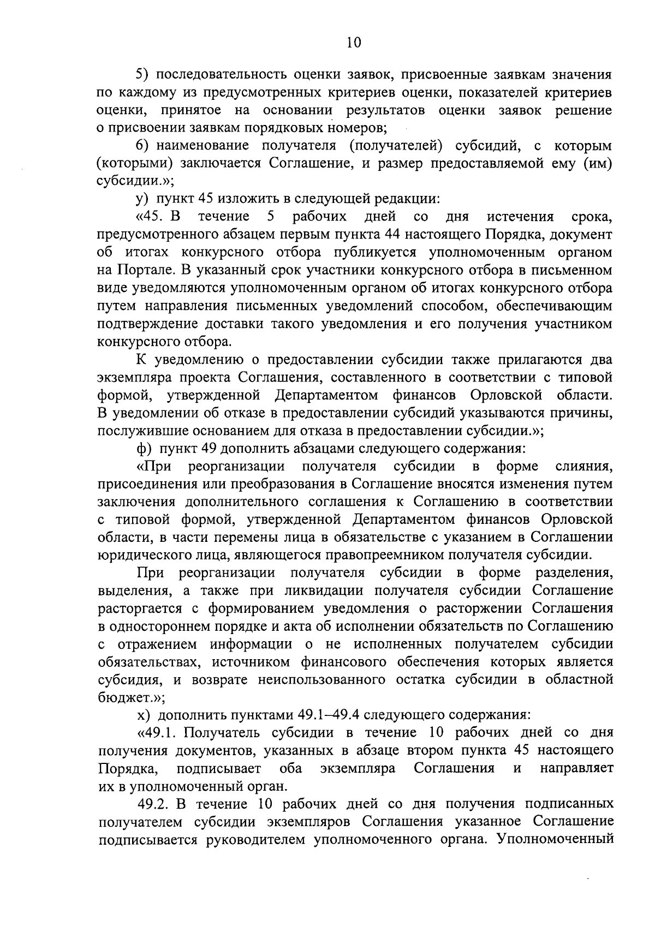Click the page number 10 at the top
pyautogui.click(x=354, y=43)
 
